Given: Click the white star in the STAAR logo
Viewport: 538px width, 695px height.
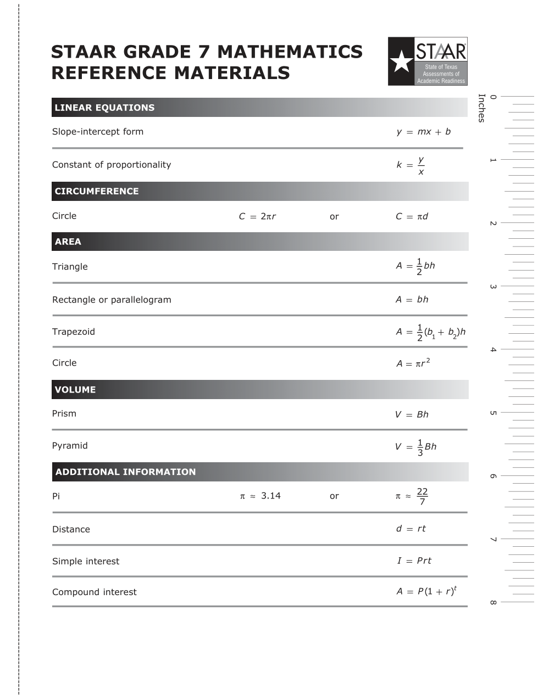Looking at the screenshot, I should pyautogui.click(x=401, y=61).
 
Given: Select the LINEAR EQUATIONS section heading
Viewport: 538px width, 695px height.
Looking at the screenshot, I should pyautogui.click(x=104, y=108).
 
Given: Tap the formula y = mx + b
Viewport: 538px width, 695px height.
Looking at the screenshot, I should pyautogui.click(x=423, y=132).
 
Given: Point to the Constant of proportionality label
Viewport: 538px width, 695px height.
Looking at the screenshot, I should pyautogui.click(x=112, y=165).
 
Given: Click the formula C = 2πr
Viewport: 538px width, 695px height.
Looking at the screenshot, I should pyautogui.click(x=257, y=216).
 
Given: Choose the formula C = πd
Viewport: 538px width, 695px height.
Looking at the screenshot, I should pyautogui.click(x=412, y=216).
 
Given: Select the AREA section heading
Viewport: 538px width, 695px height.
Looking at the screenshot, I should pyautogui.click(x=68, y=242).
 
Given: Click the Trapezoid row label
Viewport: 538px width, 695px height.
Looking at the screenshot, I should pyautogui.click(x=74, y=332).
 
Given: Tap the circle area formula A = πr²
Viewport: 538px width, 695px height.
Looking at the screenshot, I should pyautogui.click(x=413, y=363).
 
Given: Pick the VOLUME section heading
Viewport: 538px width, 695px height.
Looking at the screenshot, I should pyautogui.click(x=75, y=390).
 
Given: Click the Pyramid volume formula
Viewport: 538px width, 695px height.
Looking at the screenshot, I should pyautogui.click(x=415, y=446).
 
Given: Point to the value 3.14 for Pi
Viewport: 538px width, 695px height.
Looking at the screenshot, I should pyautogui.click(x=270, y=496).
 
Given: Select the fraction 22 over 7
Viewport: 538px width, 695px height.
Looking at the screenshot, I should pyautogui.click(x=421, y=496).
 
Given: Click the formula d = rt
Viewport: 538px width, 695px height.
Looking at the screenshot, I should pyautogui.click(x=411, y=529).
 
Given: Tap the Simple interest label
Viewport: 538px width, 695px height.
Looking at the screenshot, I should pyautogui.click(x=86, y=561).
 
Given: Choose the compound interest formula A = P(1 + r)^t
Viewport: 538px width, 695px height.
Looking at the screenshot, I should pyautogui.click(x=426, y=591).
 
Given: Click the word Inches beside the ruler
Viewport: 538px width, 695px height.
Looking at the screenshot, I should pyautogui.click(x=481, y=108).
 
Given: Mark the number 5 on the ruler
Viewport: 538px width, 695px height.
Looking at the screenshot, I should pyautogui.click(x=492, y=413).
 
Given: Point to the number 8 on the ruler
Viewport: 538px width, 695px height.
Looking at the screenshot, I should pyautogui.click(x=492, y=603).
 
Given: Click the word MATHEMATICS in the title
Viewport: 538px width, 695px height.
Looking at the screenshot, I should pyautogui.click(x=290, y=52).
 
